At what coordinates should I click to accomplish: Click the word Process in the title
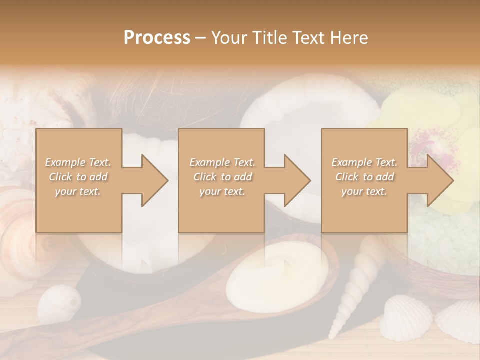point(157,38)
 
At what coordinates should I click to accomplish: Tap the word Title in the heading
point(268,38)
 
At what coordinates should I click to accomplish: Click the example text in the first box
point(78,177)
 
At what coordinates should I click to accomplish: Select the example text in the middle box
point(222,177)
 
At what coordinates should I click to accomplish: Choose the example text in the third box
point(364,177)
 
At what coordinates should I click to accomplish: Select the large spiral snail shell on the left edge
point(17,220)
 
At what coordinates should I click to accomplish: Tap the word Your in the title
point(227,38)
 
